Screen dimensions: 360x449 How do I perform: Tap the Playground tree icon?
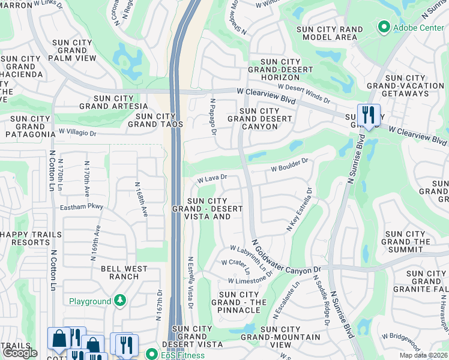[120, 301]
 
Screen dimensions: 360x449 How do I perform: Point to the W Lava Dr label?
[212, 178]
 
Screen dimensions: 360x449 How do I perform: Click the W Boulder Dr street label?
[290, 163]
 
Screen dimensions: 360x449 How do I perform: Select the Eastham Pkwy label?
[82, 206]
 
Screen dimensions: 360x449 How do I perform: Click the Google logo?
[20, 353]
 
